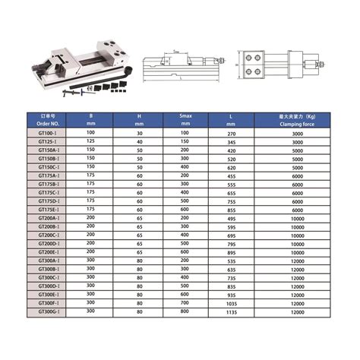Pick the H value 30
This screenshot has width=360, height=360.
[x=139, y=133]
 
